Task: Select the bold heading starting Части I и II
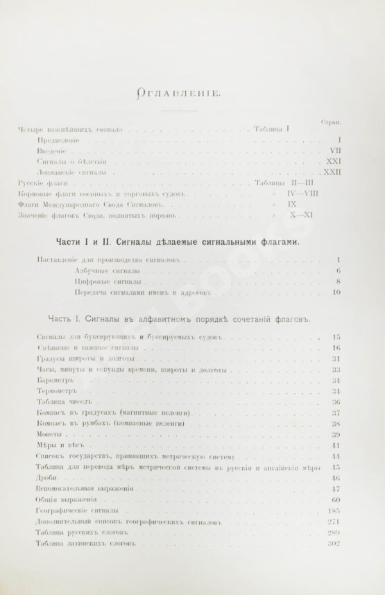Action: (177, 242)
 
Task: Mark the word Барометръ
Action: (55, 380)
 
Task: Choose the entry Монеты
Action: (46, 434)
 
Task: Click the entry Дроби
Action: (45, 478)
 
